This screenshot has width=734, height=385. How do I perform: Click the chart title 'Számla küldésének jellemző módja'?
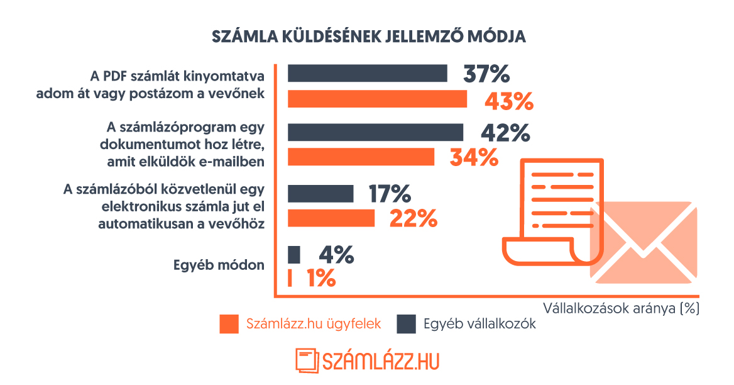pos(369,36)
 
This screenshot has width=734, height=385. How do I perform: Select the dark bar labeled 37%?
pos(367,73)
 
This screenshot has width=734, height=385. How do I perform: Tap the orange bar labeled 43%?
pos(377,99)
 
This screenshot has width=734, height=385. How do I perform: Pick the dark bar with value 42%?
pos(375,132)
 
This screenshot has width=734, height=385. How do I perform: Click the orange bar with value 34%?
pos(361,157)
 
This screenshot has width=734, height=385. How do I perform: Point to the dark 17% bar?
pos(320,194)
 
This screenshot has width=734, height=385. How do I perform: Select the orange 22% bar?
pos(331,218)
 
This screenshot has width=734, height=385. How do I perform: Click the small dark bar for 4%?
pos(293,255)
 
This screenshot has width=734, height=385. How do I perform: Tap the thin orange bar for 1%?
pos(290,278)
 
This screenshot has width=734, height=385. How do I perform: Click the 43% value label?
pos(508,101)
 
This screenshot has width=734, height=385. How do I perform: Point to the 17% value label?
pos(390,194)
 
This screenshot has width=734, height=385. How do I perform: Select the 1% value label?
pos(320,278)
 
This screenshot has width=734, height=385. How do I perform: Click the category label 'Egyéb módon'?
pos(219,265)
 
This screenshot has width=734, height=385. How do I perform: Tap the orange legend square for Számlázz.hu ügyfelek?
pos(229,325)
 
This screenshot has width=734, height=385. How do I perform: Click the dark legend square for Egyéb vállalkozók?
pos(407,325)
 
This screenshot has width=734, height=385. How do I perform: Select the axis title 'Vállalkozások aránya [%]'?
pos(622,308)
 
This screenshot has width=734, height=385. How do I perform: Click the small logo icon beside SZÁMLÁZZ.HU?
pos(306,360)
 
